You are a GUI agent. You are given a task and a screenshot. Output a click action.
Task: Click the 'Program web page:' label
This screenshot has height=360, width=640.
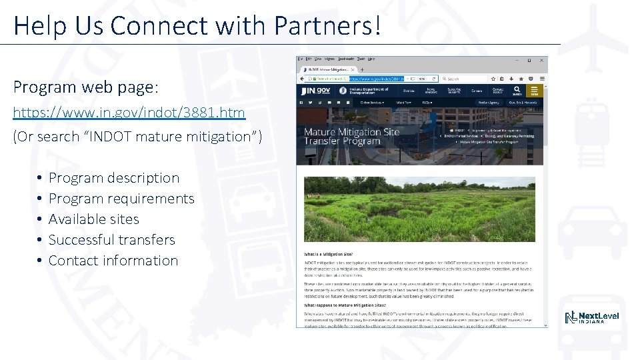tap(85, 87)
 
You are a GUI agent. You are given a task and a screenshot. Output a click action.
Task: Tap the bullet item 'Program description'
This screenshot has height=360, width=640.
tap(114, 178)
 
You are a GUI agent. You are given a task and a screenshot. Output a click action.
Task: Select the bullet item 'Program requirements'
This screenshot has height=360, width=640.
tap(121, 199)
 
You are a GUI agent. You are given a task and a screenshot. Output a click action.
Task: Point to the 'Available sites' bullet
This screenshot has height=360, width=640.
tap(94, 219)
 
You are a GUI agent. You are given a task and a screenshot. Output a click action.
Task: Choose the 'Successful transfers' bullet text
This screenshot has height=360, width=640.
tap(112, 240)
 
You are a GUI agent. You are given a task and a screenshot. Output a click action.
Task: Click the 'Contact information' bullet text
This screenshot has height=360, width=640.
tap(113, 261)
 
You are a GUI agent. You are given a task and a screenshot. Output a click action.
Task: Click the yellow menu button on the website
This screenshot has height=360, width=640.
tap(533, 91)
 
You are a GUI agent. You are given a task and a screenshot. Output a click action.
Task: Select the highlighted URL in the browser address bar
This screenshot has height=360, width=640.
tap(376, 79)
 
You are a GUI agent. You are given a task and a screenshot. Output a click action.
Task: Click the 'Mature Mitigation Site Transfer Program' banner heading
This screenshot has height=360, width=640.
tap(351, 136)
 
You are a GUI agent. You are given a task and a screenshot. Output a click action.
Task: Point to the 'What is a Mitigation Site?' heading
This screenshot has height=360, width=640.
tap(328, 255)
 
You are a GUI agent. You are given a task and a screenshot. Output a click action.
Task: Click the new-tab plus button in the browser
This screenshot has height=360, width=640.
tap(362, 69)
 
